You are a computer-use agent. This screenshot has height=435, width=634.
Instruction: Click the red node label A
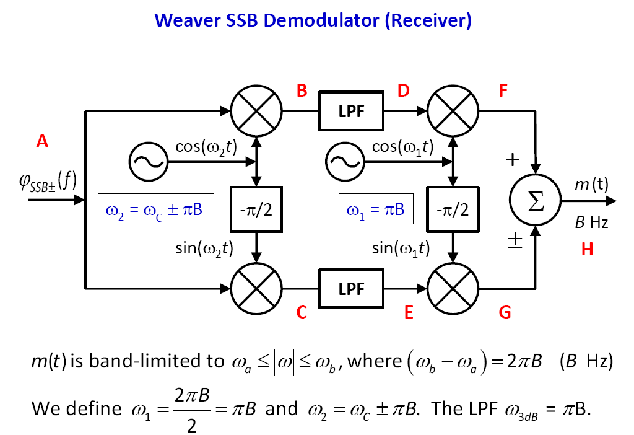point(42,142)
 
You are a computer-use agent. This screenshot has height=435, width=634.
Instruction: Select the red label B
point(302,91)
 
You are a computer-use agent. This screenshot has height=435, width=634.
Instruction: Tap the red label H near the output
point(587,249)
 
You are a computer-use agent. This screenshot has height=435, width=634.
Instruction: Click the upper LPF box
point(351,112)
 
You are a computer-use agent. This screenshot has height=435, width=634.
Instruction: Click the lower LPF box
point(351,289)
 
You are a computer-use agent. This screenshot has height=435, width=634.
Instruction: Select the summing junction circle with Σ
point(535,202)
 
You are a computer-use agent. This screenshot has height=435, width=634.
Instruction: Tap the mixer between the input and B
point(256,112)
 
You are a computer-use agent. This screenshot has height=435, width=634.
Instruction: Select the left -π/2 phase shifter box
point(256,209)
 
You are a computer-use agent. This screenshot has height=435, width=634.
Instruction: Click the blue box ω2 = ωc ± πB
point(155,209)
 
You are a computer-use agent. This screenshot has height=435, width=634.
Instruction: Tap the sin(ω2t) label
point(204,248)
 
